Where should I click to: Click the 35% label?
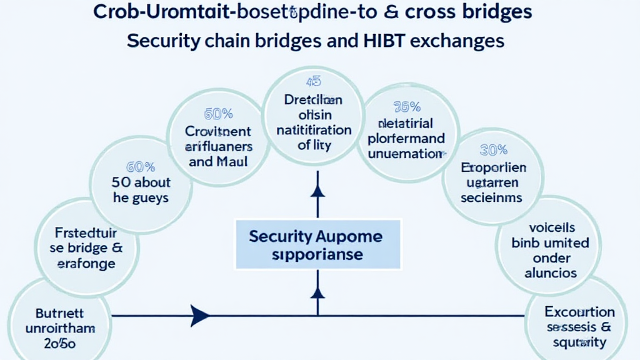point(406,107)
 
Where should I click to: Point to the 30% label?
point(493,150)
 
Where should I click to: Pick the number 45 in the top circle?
point(313,82)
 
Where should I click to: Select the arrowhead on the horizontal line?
point(199,316)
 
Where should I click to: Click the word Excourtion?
point(579,312)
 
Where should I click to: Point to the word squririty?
point(579,342)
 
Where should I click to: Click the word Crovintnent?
point(218,132)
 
